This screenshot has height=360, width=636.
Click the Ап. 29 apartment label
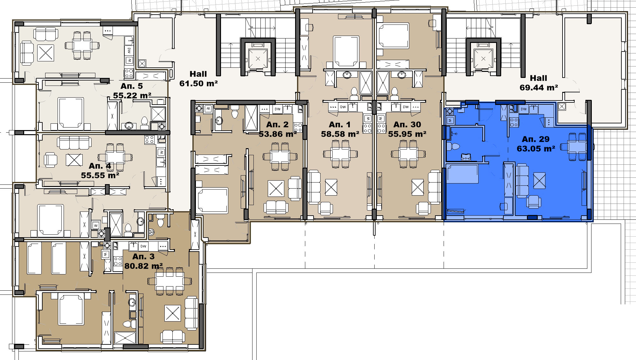pyautogui.click(x=536, y=139)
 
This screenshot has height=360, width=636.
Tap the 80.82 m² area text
pyautogui.click(x=143, y=266)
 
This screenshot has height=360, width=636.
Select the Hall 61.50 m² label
pyautogui.click(x=198, y=79)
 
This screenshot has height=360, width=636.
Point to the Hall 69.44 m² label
pyautogui.click(x=539, y=83)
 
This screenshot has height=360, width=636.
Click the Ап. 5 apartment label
pyautogui.click(x=132, y=86)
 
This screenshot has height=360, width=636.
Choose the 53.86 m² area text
pyautogui.click(x=278, y=134)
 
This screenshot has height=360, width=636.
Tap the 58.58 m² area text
pyautogui.click(x=340, y=134)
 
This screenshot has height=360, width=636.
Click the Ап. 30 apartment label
pyautogui.click(x=407, y=125)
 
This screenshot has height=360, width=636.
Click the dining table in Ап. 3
pyautogui.click(x=169, y=281)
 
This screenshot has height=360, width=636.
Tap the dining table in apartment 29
pyautogui.click(x=577, y=147)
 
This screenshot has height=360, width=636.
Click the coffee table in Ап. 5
pyautogui.click(x=45, y=52)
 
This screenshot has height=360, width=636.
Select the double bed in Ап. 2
pyautogui.click(x=212, y=201)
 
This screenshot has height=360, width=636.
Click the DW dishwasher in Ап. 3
pyautogui.click(x=143, y=246)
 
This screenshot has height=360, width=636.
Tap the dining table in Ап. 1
pyautogui.click(x=340, y=154)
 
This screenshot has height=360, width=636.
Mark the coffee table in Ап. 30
pyautogui.click(x=418, y=187)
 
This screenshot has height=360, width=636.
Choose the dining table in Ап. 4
pyautogui.click(x=115, y=157)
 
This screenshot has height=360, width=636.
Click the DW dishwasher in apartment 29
pyautogui.click(x=523, y=109)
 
